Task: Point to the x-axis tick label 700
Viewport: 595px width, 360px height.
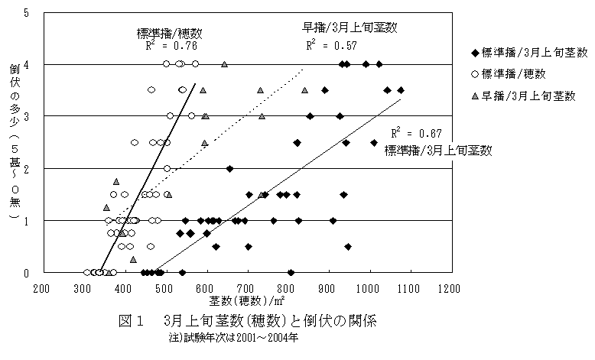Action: (245, 289)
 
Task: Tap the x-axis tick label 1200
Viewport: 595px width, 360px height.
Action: (449, 289)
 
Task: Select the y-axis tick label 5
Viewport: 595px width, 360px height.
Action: (28, 13)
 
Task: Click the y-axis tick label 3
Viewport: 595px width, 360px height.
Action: (28, 116)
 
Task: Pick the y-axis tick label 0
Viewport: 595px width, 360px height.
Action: (28, 272)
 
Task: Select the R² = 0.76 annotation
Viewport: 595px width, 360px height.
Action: (163, 46)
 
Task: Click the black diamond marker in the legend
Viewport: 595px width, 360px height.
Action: (476, 53)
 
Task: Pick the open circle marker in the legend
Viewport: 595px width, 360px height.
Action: (476, 74)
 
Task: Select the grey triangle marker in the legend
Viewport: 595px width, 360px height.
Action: (476, 96)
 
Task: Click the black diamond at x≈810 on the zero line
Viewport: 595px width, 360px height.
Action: (291, 272)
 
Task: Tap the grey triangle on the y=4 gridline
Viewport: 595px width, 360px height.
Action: (224, 64)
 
